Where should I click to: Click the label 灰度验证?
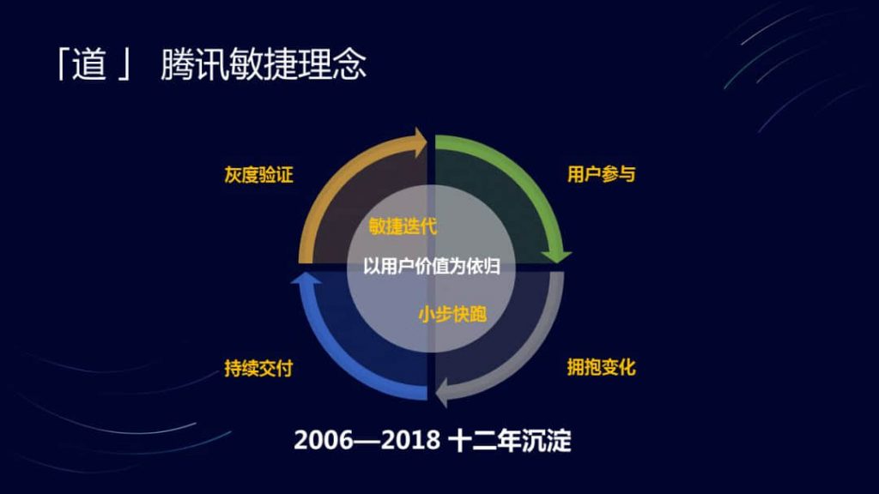pyautogui.click(x=258, y=175)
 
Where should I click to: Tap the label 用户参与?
pyautogui.click(x=601, y=174)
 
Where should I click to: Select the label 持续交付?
pyautogui.click(x=258, y=368)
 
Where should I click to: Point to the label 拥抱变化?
pyautogui.click(x=601, y=367)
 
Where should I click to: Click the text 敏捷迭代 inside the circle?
pyautogui.click(x=403, y=226)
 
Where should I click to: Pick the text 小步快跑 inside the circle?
pyautogui.click(x=452, y=314)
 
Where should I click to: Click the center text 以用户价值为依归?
pyautogui.click(x=431, y=266)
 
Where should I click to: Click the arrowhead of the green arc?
pyautogui.click(x=556, y=256)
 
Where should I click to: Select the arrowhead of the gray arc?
pyautogui.click(x=442, y=391)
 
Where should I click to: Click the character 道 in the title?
pyautogui.click(x=89, y=63)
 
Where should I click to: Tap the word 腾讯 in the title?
pyautogui.click(x=194, y=63)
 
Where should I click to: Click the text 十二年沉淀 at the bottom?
pyautogui.click(x=510, y=440)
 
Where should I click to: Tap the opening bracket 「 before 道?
pyautogui.click(x=62, y=63)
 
